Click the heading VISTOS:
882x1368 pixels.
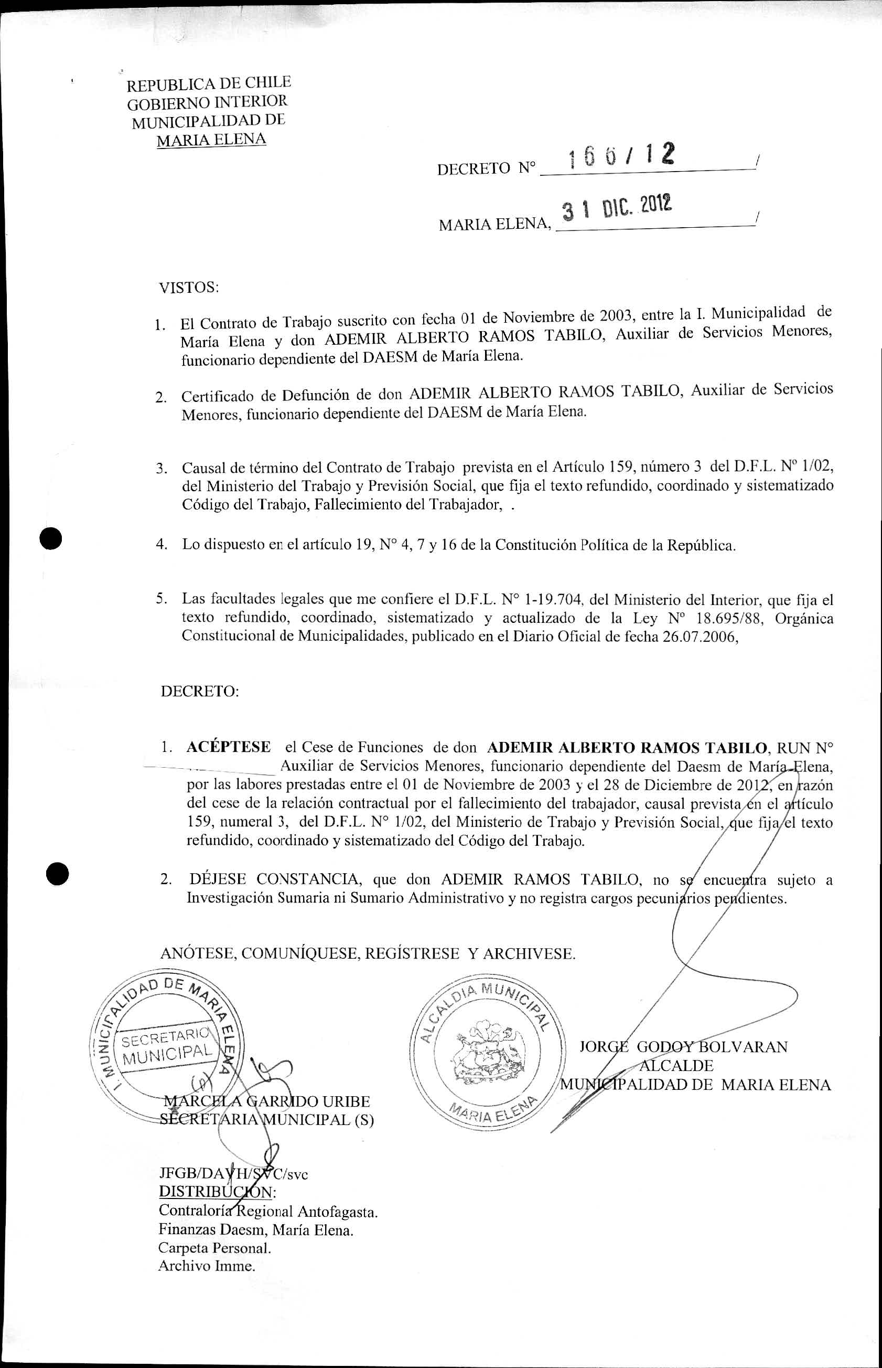189,287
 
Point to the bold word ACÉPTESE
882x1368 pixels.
229,747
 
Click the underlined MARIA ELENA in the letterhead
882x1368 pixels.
211,139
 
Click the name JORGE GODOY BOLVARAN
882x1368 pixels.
683,1047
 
